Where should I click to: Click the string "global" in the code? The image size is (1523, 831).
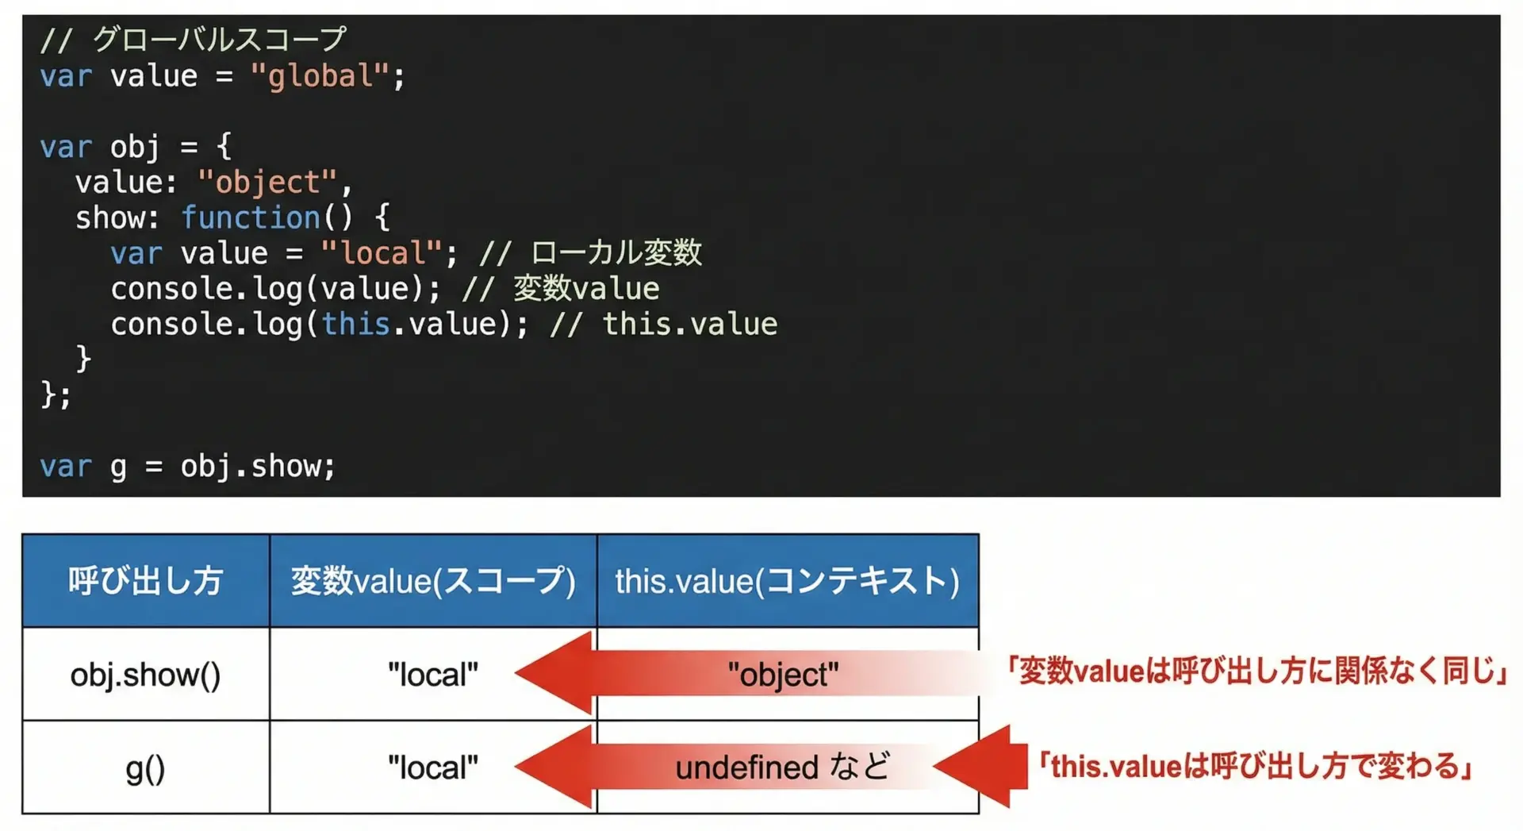pos(320,76)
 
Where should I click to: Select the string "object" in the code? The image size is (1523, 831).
pos(267,183)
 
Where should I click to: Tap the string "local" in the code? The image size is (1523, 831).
pos(382,253)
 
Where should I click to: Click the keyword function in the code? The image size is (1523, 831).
pos(251,217)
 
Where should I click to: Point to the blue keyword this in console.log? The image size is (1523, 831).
pos(356,324)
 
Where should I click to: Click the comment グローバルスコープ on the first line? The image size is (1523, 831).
pos(220,39)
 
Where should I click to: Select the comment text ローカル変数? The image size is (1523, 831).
pos(616,252)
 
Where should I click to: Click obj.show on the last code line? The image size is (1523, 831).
pos(250,466)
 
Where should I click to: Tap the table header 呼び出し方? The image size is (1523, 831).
pos(145,580)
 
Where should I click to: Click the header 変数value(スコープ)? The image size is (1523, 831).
pos(433,580)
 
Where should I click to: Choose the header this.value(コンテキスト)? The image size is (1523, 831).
pos(788,580)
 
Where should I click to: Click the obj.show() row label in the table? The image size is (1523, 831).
pos(146,675)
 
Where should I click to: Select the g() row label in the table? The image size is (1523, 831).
pos(146,768)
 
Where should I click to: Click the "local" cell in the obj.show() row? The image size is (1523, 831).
pos(433,675)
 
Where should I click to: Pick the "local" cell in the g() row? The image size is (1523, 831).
pos(433,768)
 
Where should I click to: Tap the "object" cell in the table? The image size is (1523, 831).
pos(784,675)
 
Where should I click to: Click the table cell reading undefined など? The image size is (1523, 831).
pos(783,768)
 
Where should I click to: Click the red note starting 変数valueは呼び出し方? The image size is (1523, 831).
pos(1257,671)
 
